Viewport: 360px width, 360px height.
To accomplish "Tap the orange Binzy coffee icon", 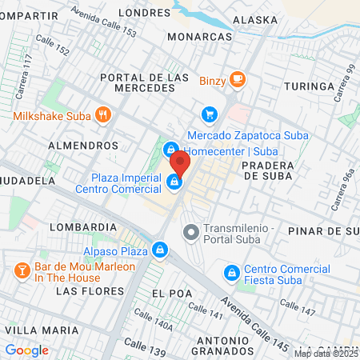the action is click(236, 78).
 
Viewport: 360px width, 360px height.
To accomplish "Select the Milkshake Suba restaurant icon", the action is click(102, 115).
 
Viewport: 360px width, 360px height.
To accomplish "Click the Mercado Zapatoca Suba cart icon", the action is click(209, 115).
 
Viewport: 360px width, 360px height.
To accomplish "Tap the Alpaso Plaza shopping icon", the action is click(161, 250).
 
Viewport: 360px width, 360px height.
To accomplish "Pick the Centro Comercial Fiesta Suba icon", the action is click(232, 273).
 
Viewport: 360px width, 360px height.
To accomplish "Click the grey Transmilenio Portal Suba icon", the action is click(190, 233).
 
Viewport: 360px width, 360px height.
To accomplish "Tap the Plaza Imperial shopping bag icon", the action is click(174, 183).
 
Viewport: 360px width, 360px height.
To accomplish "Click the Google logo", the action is click(26, 350).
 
